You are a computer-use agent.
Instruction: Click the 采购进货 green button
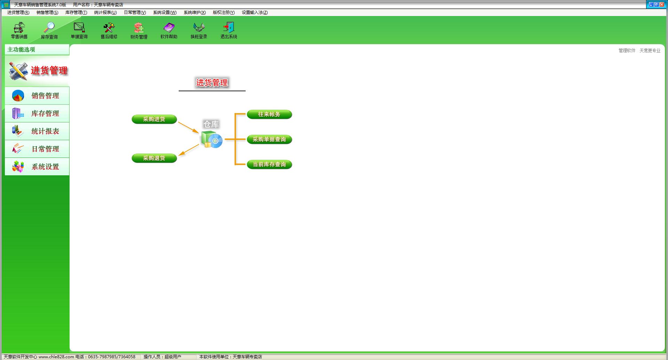[x=154, y=119]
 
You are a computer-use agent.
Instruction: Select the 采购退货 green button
[x=154, y=158]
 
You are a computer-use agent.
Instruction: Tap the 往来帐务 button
[x=269, y=114]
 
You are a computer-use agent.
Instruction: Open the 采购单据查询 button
[x=269, y=139]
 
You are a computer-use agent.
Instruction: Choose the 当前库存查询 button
[x=269, y=165]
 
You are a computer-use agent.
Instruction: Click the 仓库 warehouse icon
[x=212, y=139]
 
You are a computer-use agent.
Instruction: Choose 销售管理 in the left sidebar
[x=37, y=96]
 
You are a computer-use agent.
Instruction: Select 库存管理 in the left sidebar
[x=37, y=113]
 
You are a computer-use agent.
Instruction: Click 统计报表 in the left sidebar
[x=37, y=131]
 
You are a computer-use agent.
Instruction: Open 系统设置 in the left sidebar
[x=37, y=167]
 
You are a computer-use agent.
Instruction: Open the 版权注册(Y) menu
[x=224, y=13]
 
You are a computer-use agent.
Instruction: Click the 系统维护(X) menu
[x=195, y=13]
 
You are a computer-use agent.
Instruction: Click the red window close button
[x=662, y=5]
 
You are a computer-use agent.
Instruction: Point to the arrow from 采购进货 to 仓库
[x=188, y=127]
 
